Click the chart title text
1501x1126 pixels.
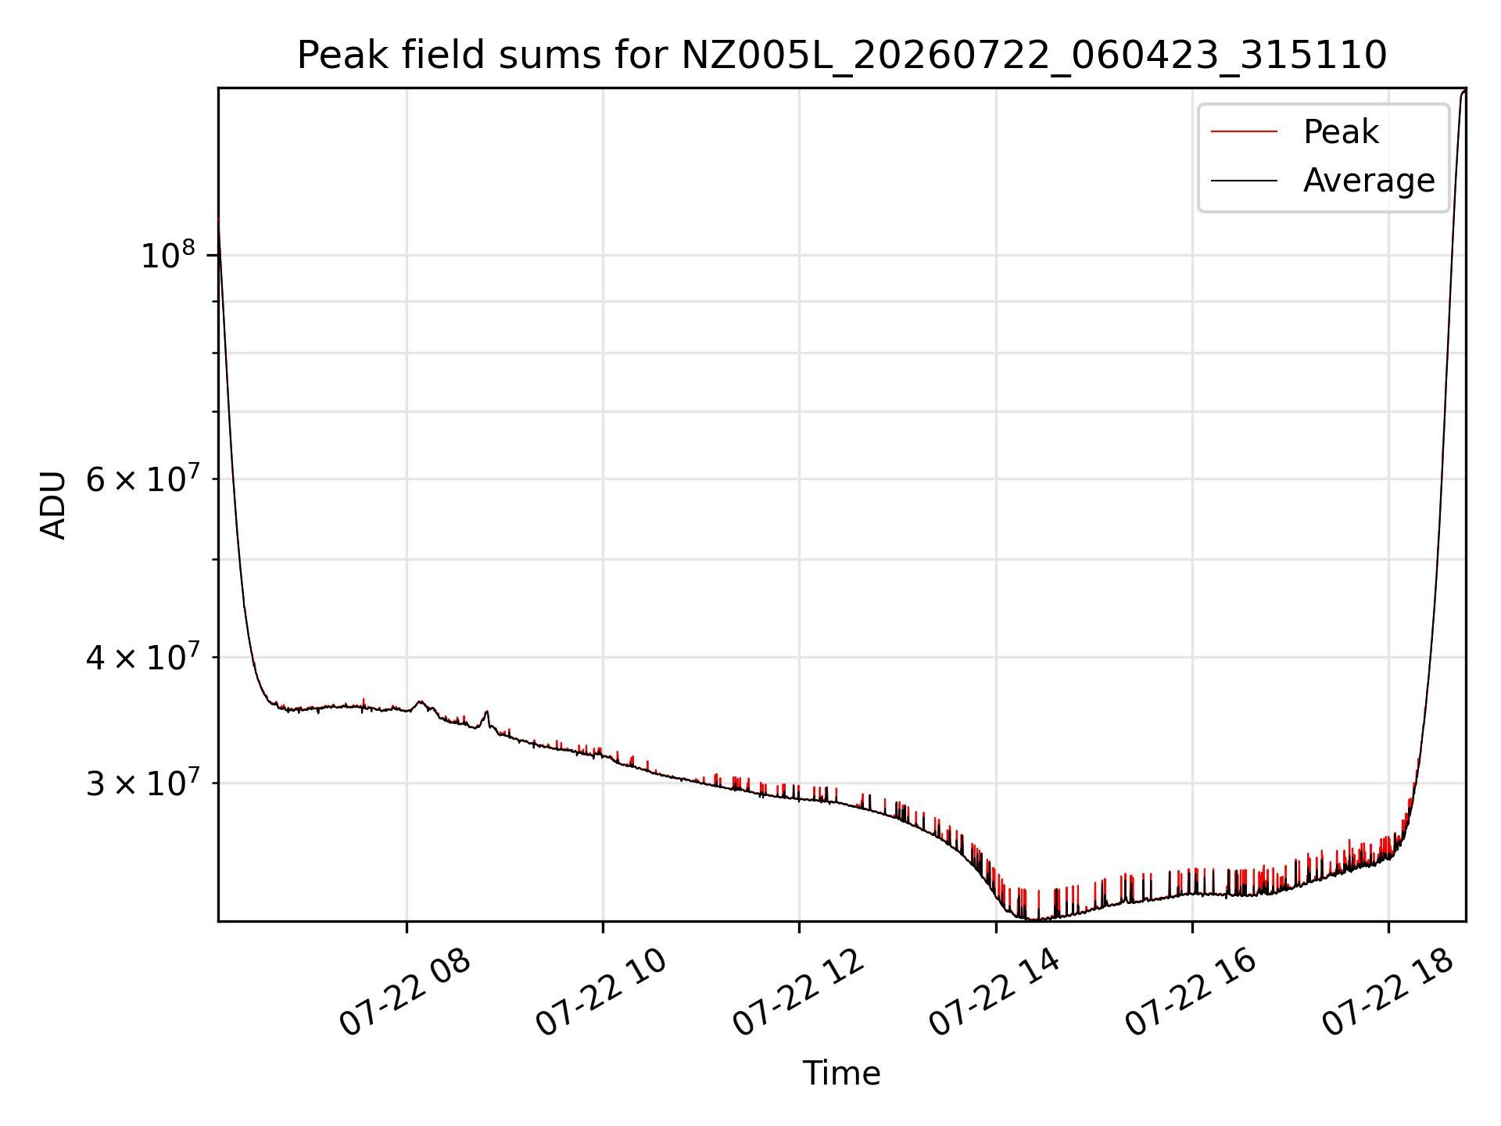pos(842,56)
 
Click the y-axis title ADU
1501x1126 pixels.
pos(54,504)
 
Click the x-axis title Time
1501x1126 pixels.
pos(842,1074)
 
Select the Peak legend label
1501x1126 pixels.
pos(1341,131)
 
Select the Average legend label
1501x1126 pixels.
pos(1369,181)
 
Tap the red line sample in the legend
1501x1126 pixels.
pos(1244,131)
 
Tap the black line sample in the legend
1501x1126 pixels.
pos(1244,181)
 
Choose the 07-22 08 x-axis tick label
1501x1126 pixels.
pos(405,993)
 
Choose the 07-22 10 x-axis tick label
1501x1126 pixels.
pos(601,993)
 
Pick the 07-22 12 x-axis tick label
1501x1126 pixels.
pos(798,993)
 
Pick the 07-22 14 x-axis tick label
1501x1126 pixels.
pos(994,993)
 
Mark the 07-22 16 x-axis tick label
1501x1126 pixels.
pos(1191,993)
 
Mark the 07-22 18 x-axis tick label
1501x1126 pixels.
pos(1388,993)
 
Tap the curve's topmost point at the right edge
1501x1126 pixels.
pos(1464,91)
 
